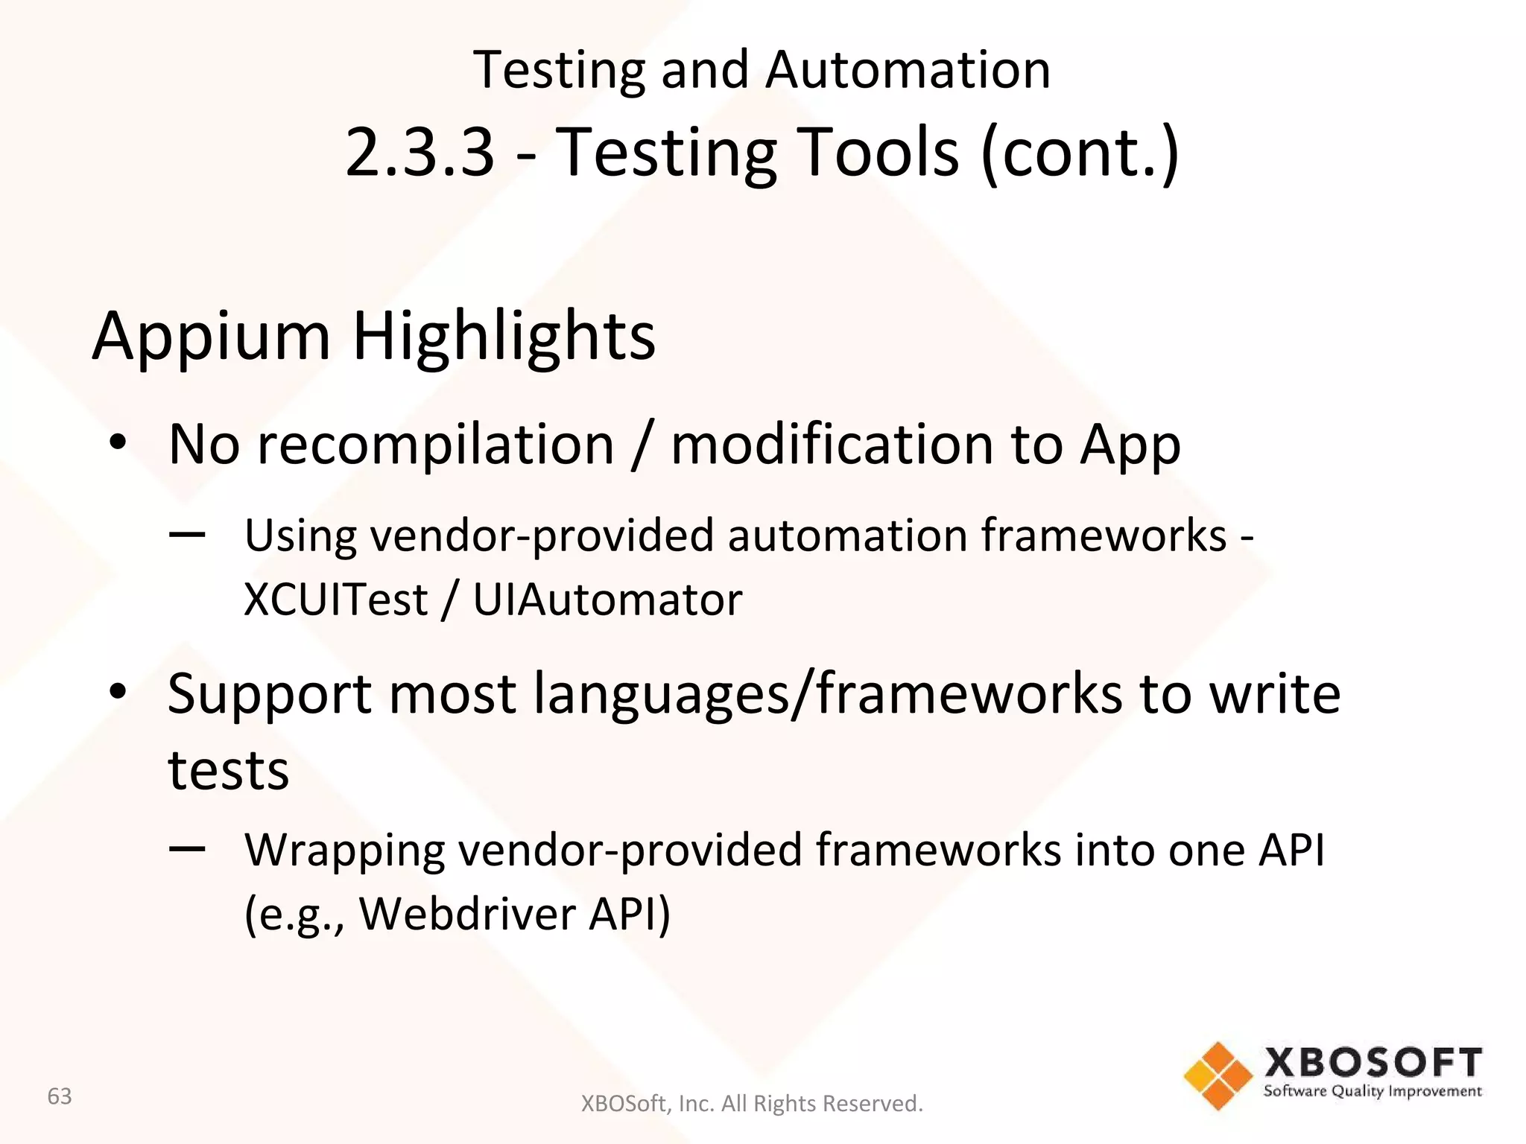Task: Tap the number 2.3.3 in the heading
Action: point(420,152)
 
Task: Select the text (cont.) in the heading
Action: point(1080,152)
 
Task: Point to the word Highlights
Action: point(504,337)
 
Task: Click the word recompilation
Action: point(435,445)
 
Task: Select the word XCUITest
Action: point(336,600)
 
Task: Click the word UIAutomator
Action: point(607,600)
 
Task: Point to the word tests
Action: point(228,770)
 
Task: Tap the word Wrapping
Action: point(344,851)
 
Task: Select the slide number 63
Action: point(60,1096)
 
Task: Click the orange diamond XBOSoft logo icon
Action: point(1218,1075)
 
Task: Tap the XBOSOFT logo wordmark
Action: point(1373,1062)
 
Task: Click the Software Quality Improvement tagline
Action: point(1373,1092)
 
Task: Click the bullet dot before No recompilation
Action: point(118,444)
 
